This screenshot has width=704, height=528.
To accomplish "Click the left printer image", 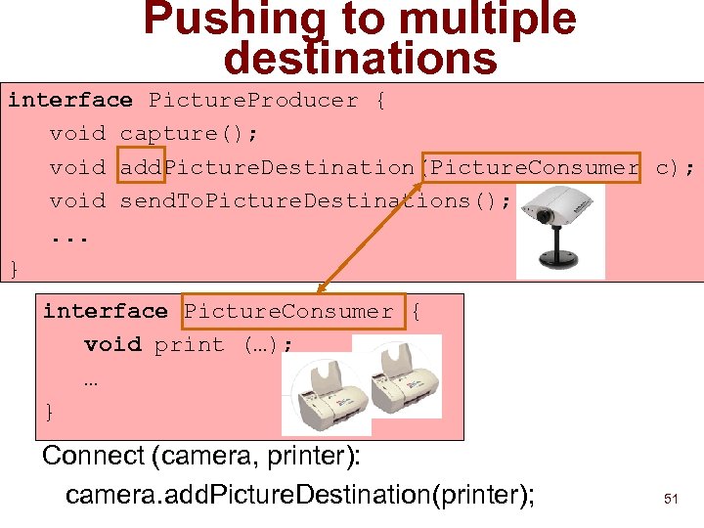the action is [x=326, y=391].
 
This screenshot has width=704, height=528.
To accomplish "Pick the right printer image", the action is [x=397, y=377].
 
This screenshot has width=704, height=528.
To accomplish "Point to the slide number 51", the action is [x=671, y=499].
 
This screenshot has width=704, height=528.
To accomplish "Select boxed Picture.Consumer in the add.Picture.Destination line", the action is [x=534, y=167].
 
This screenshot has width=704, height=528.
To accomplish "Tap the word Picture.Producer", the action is [x=253, y=100].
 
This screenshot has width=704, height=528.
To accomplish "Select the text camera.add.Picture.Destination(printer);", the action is [x=299, y=495].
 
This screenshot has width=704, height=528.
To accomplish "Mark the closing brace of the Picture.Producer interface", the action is [x=14, y=267].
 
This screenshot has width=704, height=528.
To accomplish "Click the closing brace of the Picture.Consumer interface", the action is [x=50, y=412].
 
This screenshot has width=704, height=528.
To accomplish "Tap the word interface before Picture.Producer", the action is [x=70, y=100].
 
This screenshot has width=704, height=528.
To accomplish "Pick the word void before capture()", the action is [x=77, y=133].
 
